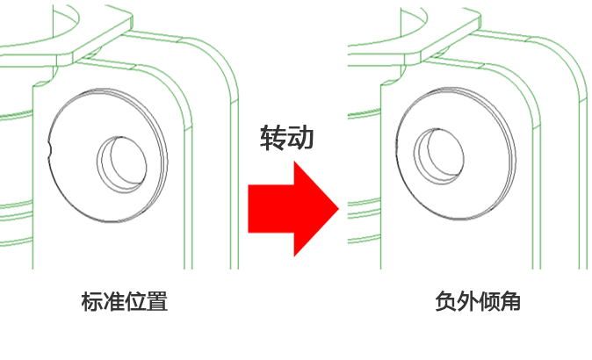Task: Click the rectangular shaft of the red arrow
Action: tap(269, 208)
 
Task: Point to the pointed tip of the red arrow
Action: tap(337, 209)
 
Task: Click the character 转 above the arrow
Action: tap(272, 138)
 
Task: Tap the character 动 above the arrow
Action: tap(300, 138)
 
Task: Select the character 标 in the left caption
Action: tap(92, 302)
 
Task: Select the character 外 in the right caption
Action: tap(467, 302)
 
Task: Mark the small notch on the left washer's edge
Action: tap(51, 148)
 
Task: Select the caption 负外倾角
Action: tap(479, 302)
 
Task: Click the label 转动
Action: tap(286, 138)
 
